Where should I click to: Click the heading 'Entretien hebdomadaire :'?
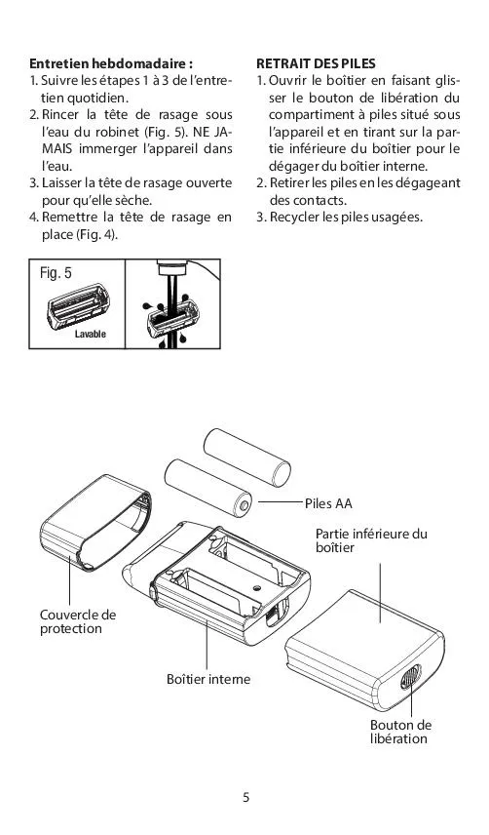click(110, 64)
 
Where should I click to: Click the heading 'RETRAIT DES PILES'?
click(316, 64)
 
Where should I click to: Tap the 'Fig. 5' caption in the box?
click(56, 273)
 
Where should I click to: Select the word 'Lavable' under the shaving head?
click(90, 334)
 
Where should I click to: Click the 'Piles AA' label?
click(328, 503)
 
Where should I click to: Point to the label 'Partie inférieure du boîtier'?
click(371, 540)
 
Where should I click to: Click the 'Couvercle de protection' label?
click(78, 621)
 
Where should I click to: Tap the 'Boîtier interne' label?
click(208, 679)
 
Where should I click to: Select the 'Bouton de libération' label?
click(400, 732)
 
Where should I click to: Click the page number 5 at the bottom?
click(245, 797)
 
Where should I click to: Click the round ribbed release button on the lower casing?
click(410, 677)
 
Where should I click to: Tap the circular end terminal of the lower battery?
click(245, 503)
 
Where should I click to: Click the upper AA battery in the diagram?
click(247, 457)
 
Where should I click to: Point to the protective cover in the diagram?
click(95, 522)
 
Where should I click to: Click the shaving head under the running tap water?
click(172, 318)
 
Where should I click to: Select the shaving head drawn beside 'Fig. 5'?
click(78, 305)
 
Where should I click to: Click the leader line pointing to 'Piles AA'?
click(281, 501)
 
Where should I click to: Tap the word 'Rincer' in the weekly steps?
click(59, 115)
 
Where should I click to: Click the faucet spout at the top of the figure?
click(172, 267)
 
